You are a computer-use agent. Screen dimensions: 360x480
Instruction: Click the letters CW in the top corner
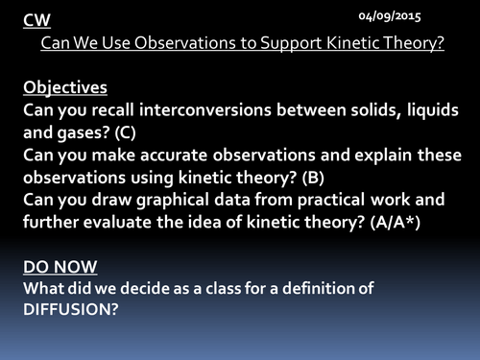coord(34,20)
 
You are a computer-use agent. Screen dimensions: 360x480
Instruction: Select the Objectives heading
coord(65,87)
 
